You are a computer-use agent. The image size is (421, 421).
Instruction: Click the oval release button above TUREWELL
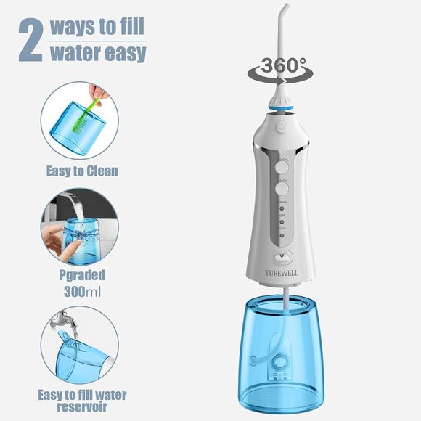point(282,256)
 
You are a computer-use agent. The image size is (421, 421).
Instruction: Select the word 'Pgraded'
point(81,277)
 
